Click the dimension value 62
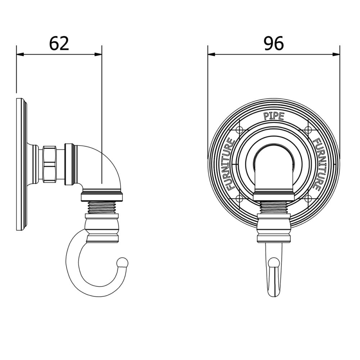coord(59,44)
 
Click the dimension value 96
coord(274,44)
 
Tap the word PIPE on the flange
coord(274,116)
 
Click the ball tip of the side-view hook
coord(123,262)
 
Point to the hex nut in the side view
coord(49,164)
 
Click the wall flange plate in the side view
coord(21,164)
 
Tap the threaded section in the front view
coord(274,207)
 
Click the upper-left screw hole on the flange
coord(239,130)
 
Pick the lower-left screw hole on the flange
coord(239,198)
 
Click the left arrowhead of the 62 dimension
coord(20,54)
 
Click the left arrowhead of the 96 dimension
coord(211,54)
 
